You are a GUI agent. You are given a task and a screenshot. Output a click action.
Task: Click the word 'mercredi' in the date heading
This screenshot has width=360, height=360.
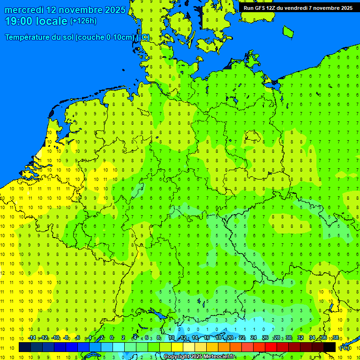[24, 10]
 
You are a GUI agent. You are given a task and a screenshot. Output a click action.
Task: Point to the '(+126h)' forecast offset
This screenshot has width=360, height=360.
[83, 21]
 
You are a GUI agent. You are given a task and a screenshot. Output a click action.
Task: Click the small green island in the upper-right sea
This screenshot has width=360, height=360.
[288, 31]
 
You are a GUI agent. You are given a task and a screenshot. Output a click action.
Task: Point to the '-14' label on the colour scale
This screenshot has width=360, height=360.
[32, 338]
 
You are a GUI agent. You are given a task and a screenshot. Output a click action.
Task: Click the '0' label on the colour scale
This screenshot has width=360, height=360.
[112, 338]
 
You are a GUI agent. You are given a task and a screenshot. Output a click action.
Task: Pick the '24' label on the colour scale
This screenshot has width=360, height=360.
[254, 338]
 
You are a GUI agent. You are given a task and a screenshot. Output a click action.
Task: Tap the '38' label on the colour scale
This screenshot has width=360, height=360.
[335, 338]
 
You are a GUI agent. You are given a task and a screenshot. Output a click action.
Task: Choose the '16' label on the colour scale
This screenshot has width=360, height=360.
[206, 338]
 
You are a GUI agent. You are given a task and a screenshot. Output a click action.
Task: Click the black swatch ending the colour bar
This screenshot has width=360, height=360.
[330, 347]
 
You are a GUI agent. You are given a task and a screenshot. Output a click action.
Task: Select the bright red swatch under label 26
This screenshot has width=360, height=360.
[271, 347]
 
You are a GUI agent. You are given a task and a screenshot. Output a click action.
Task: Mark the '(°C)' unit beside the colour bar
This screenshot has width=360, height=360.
[345, 347]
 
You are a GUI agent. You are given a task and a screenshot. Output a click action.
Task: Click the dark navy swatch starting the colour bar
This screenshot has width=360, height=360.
[25, 347]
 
